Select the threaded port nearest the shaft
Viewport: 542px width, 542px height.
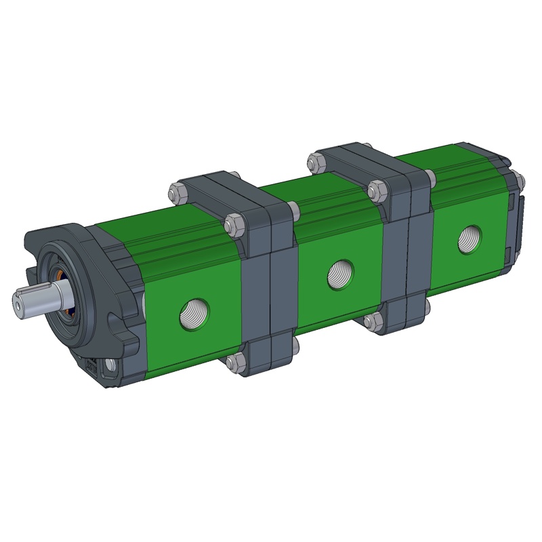coord(194,312)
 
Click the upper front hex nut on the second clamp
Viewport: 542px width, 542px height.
coord(376,190)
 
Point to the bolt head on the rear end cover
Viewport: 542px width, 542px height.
coord(518,180)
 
